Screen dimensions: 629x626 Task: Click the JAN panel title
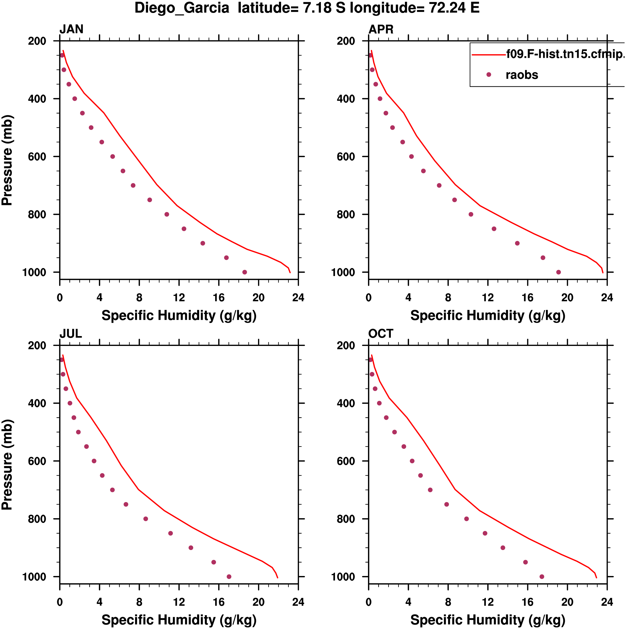[x=71, y=29]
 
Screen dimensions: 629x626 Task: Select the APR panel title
[x=381, y=29]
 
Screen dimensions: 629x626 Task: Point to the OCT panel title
[x=381, y=334]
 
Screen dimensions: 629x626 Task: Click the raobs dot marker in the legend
[x=489, y=75]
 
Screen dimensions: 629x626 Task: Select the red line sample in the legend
[x=489, y=55]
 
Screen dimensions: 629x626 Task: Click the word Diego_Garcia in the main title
[x=182, y=8]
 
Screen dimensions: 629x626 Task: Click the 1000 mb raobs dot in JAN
[x=244, y=272]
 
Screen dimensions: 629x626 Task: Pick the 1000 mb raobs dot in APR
[x=559, y=272]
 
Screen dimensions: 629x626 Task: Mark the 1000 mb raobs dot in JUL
[x=229, y=577]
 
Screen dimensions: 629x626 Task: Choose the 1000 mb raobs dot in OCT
[x=542, y=577]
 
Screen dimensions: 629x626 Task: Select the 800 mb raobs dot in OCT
[x=466, y=519]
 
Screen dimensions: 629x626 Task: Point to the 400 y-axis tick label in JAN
[x=37, y=99]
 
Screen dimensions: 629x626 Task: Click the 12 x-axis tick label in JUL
[x=179, y=602]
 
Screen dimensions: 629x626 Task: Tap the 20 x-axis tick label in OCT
[x=567, y=602]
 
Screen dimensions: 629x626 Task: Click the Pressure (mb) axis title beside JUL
[x=7, y=465]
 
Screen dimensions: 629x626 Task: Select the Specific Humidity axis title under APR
[x=488, y=315]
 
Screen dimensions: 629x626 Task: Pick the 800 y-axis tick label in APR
[x=346, y=215]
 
